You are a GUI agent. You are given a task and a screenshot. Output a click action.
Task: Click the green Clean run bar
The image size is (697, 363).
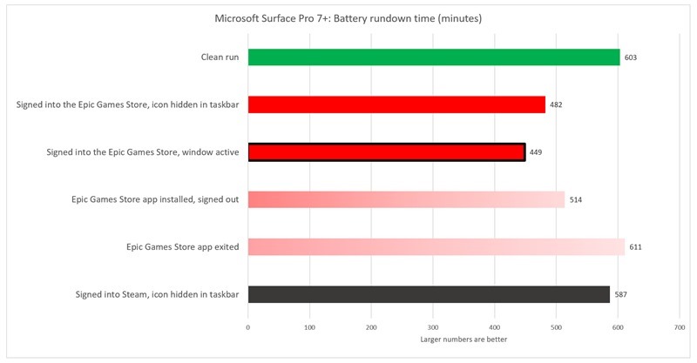pos(434,57)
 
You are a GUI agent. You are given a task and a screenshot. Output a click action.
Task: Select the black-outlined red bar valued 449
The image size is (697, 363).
pos(387,152)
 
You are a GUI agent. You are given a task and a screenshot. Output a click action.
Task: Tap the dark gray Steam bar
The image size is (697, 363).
pos(429,294)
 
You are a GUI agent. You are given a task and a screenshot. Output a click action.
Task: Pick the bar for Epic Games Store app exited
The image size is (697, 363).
pos(436,247)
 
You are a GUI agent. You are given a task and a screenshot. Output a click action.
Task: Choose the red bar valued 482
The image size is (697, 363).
pos(396,105)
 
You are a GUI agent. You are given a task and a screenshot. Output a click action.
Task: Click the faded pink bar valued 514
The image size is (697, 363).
pos(406,199)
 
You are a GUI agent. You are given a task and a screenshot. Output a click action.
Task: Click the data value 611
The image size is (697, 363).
pos(637,247)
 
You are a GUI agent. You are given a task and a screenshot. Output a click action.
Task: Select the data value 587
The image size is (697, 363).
pos(620,295)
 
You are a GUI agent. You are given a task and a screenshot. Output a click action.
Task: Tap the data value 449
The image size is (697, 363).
pos(536,152)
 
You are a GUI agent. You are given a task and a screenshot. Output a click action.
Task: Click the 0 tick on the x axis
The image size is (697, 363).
pos(248,327)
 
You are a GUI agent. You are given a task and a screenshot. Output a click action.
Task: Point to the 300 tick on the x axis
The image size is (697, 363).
pos(433,327)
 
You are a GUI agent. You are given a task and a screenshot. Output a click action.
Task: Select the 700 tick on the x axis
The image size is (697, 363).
pos(679,327)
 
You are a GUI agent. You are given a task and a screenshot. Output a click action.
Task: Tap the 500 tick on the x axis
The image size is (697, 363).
pos(556,327)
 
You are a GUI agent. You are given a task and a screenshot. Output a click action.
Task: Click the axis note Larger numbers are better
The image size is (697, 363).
pos(464,339)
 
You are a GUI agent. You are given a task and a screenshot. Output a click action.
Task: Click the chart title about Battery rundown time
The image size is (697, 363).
pos(348,17)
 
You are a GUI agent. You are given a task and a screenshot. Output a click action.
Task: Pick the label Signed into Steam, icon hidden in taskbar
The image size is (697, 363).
pos(158,295)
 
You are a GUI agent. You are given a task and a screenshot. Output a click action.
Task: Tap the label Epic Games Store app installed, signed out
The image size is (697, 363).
pos(155,200)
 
